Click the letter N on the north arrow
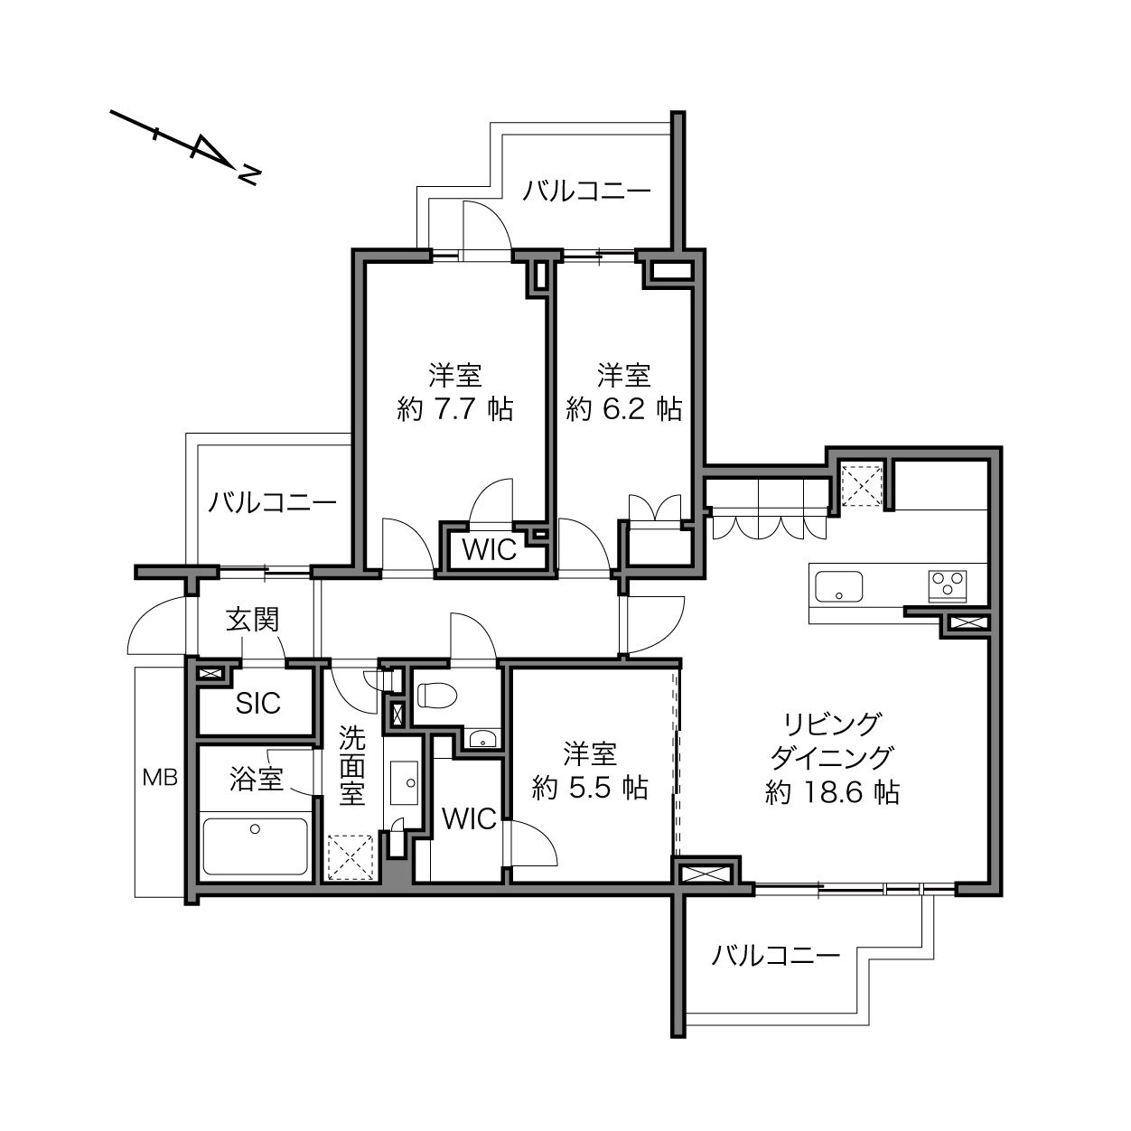click(x=248, y=175)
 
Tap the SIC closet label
click(x=258, y=703)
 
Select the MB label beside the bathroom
click(x=160, y=778)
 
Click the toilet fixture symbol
click(x=437, y=696)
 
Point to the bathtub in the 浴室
click(x=256, y=846)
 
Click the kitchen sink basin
click(x=839, y=586)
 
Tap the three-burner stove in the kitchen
click(x=948, y=585)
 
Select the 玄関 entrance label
click(x=252, y=620)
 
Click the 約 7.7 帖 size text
click(x=455, y=409)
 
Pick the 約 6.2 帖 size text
click(x=624, y=409)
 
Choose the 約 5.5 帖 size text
click(x=591, y=788)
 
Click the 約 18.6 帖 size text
click(x=832, y=792)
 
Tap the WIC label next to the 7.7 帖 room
click(x=490, y=550)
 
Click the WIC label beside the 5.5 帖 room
click(x=470, y=818)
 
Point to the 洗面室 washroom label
click(x=352, y=766)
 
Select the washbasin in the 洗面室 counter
click(x=404, y=783)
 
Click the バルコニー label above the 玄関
click(x=273, y=503)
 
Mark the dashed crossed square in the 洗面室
click(x=351, y=857)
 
